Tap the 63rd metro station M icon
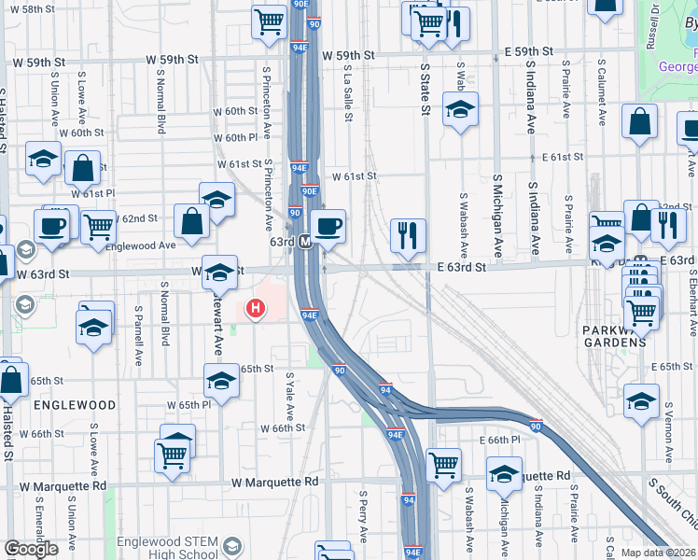305,241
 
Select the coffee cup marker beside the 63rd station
328,226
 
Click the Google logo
31,549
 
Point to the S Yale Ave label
290,396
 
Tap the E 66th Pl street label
499,440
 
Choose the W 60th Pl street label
235,137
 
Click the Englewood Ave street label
142,245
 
